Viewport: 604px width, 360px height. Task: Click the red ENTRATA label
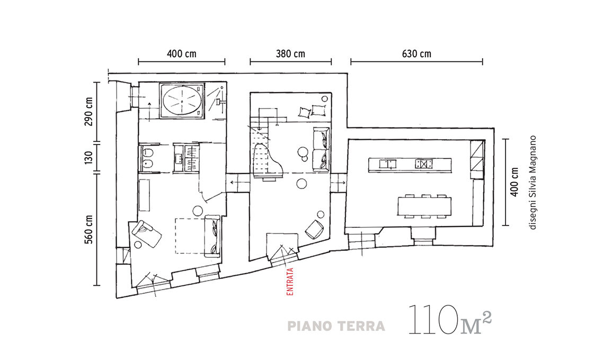[290, 282]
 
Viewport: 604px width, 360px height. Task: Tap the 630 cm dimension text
[416, 53]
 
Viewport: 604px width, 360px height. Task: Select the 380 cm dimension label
[290, 53]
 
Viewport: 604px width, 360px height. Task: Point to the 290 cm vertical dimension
[88, 112]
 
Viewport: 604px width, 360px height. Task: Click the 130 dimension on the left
[88, 157]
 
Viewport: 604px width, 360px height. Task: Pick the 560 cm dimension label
[88, 229]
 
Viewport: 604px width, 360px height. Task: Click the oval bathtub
[182, 100]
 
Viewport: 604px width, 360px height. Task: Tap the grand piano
[268, 160]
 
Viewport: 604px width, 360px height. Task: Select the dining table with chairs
[424, 206]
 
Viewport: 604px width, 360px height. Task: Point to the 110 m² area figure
[449, 320]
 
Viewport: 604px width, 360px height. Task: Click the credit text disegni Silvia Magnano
[532, 183]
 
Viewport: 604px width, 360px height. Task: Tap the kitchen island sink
[387, 164]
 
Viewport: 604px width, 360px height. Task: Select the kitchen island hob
[424, 164]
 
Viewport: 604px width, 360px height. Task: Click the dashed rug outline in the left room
[176, 236]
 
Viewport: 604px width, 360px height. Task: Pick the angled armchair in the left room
[146, 233]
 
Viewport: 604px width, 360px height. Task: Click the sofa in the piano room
[321, 149]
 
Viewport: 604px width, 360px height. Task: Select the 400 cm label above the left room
[181, 53]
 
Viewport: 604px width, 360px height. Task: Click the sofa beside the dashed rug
[212, 237]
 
